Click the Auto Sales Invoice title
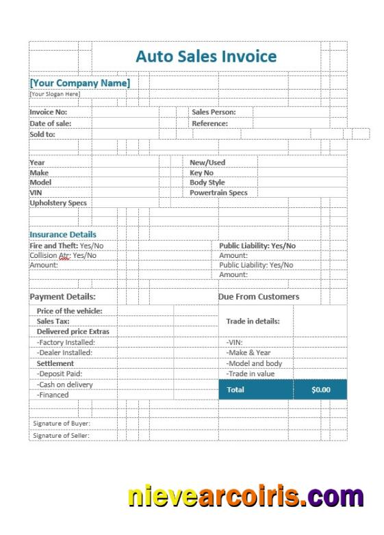(x=206, y=56)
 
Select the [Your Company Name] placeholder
(x=79, y=83)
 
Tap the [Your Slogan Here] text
(x=55, y=94)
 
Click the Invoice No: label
(x=49, y=112)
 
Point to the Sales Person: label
(x=214, y=112)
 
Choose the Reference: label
(x=209, y=124)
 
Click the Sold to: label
(x=42, y=134)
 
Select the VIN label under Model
(x=36, y=193)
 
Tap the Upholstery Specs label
(x=58, y=203)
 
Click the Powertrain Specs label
(x=218, y=193)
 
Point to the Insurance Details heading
(x=63, y=235)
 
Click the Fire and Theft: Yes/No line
(x=66, y=246)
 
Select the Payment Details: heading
(x=62, y=297)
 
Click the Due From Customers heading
(x=259, y=297)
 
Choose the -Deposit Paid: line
(x=60, y=374)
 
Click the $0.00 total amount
(x=320, y=390)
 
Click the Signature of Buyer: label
(x=62, y=423)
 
